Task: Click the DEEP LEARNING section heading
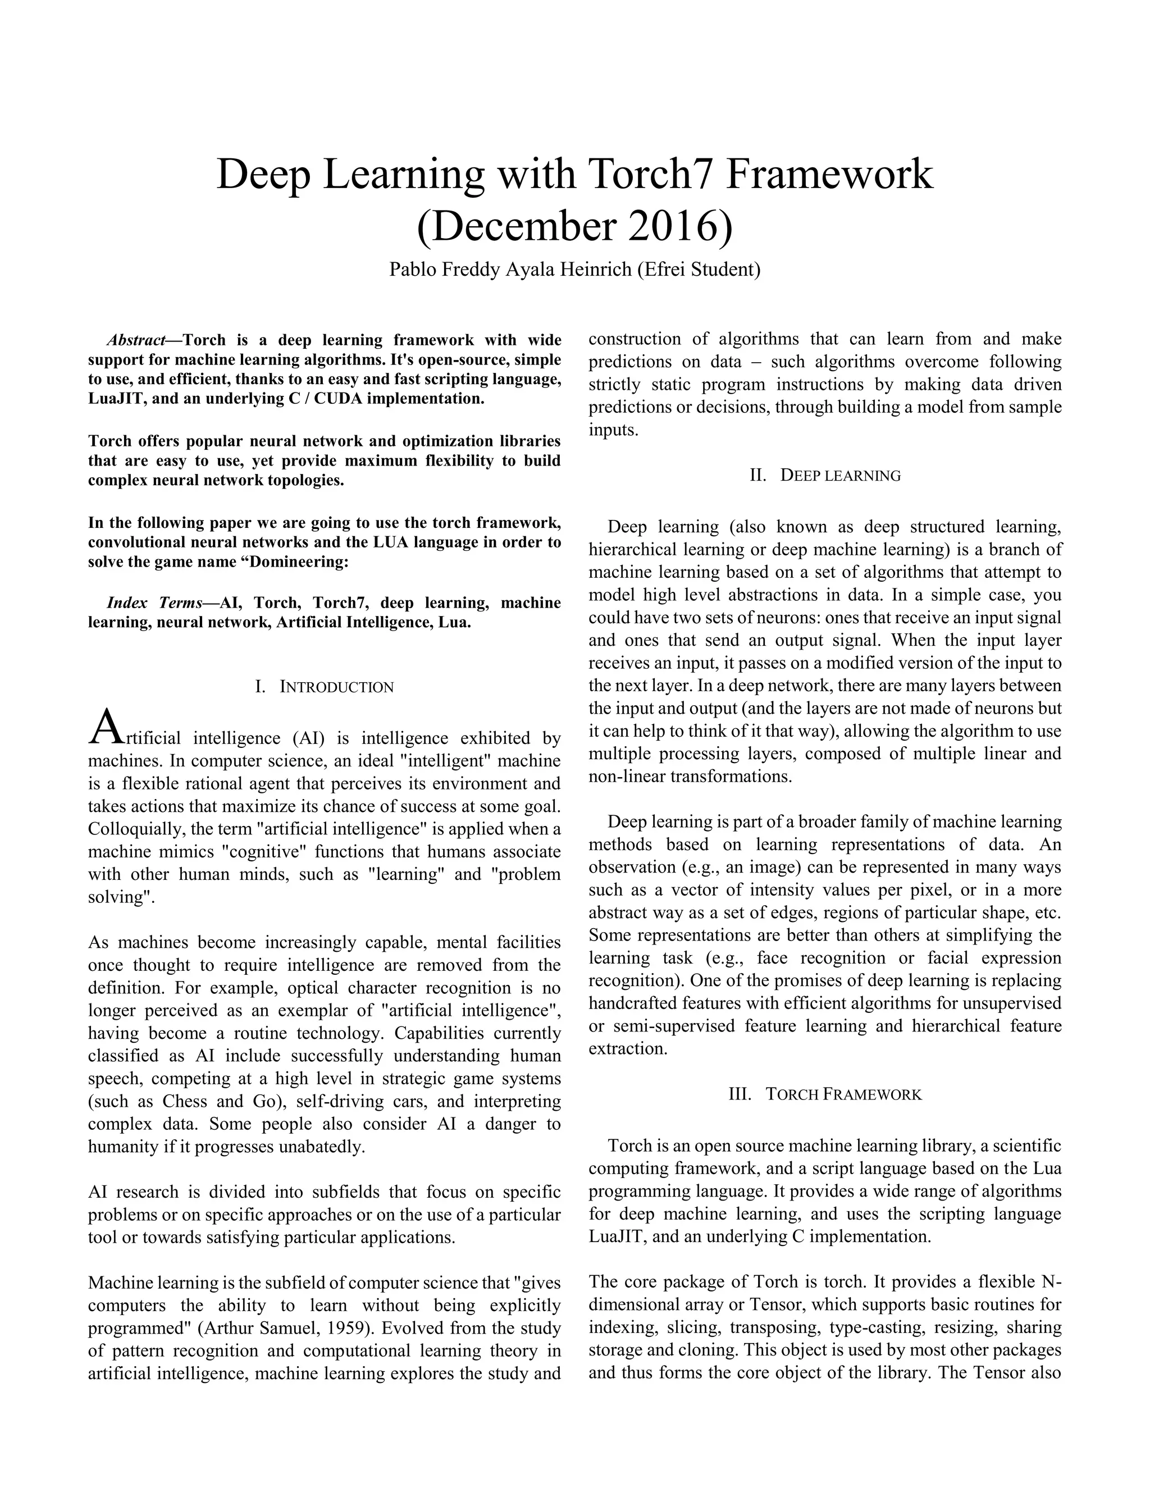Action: (839, 476)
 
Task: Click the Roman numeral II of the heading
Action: (757, 476)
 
